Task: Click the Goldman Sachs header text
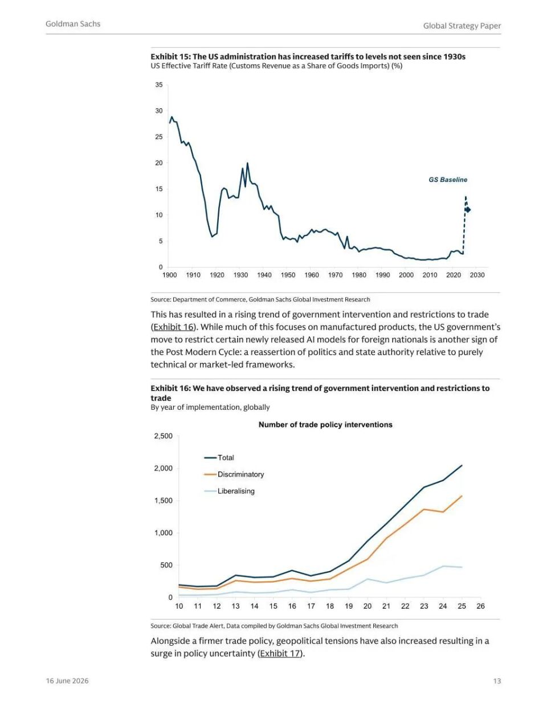coord(73,24)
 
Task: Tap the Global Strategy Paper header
coord(462,26)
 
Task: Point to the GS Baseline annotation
coord(448,180)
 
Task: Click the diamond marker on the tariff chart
coord(468,210)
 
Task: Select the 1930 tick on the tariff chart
coord(240,275)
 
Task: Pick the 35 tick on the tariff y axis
coord(159,85)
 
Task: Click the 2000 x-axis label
coord(406,275)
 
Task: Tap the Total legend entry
coord(219,457)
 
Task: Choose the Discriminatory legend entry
coord(234,474)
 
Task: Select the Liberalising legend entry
coord(229,491)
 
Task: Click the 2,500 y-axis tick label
coord(163,436)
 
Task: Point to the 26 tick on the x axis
coord(480,606)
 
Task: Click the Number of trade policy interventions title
coord(325,425)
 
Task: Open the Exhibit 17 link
coord(280,654)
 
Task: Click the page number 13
coord(497,681)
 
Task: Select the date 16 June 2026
coord(67,681)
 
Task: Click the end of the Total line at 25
coord(462,465)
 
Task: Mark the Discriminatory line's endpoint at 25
coord(462,496)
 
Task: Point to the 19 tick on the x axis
coord(349,606)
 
